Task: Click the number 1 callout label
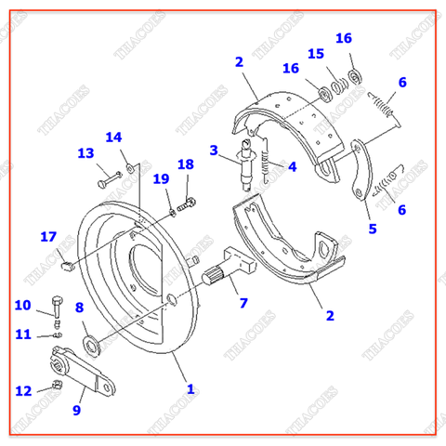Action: pos(190,388)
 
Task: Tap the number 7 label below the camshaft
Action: pos(243,303)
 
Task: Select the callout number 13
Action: pos(85,153)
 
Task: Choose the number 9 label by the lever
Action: pos(78,408)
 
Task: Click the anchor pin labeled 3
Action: pos(246,161)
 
